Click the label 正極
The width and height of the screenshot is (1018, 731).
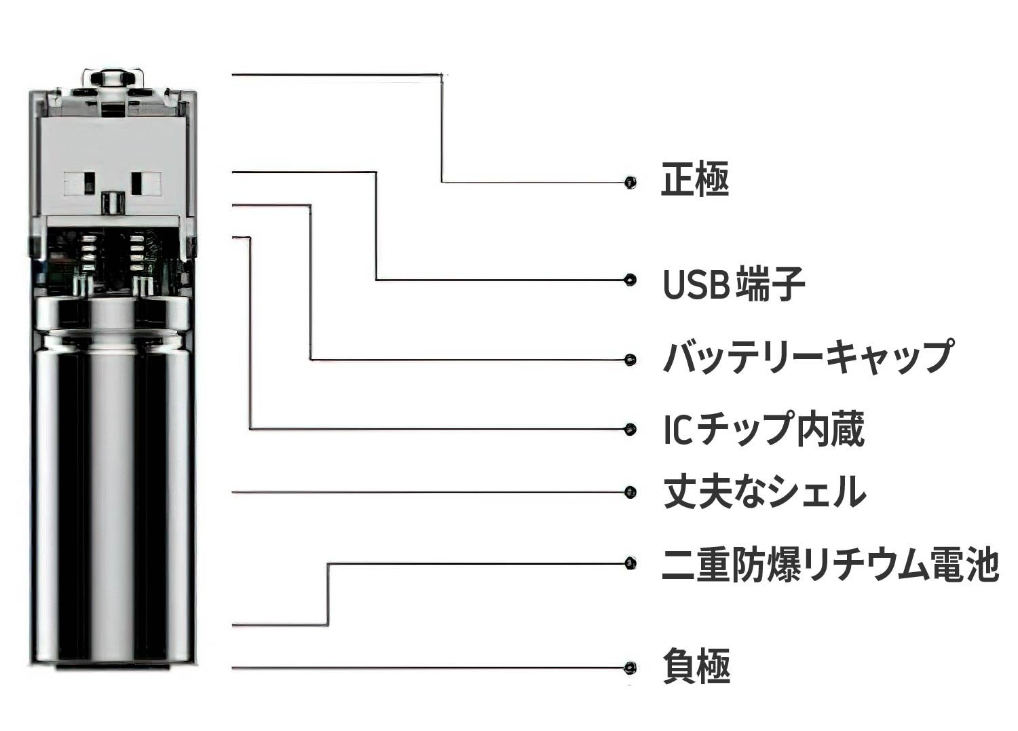pos(695,181)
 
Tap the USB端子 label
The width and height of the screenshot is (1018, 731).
pos(734,284)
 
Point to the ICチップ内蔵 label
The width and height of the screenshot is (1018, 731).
pos(763,429)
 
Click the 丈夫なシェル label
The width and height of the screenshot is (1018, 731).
pos(764,492)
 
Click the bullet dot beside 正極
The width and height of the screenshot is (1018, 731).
pos(630,182)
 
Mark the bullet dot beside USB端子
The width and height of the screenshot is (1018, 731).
pos(630,280)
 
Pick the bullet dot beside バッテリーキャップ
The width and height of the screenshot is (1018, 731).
pos(630,359)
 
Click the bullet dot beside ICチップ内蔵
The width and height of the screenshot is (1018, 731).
pos(630,429)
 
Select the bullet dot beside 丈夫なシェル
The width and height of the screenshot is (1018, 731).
pos(630,492)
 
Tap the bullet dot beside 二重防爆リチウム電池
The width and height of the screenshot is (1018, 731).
pos(630,563)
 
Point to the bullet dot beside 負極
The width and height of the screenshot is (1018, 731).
pos(630,668)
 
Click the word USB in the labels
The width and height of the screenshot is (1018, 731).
pos(695,284)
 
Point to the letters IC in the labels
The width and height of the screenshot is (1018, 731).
pos(678,430)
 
